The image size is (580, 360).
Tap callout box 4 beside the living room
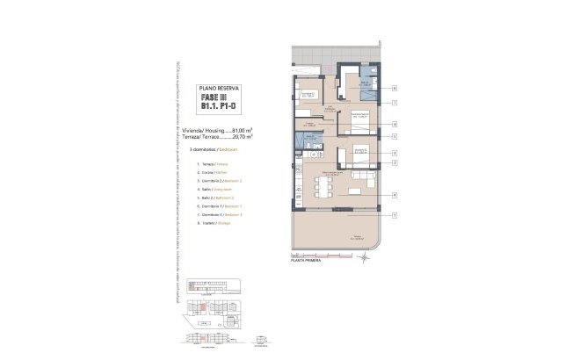click(395, 194)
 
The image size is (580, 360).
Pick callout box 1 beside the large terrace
click(395, 215)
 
